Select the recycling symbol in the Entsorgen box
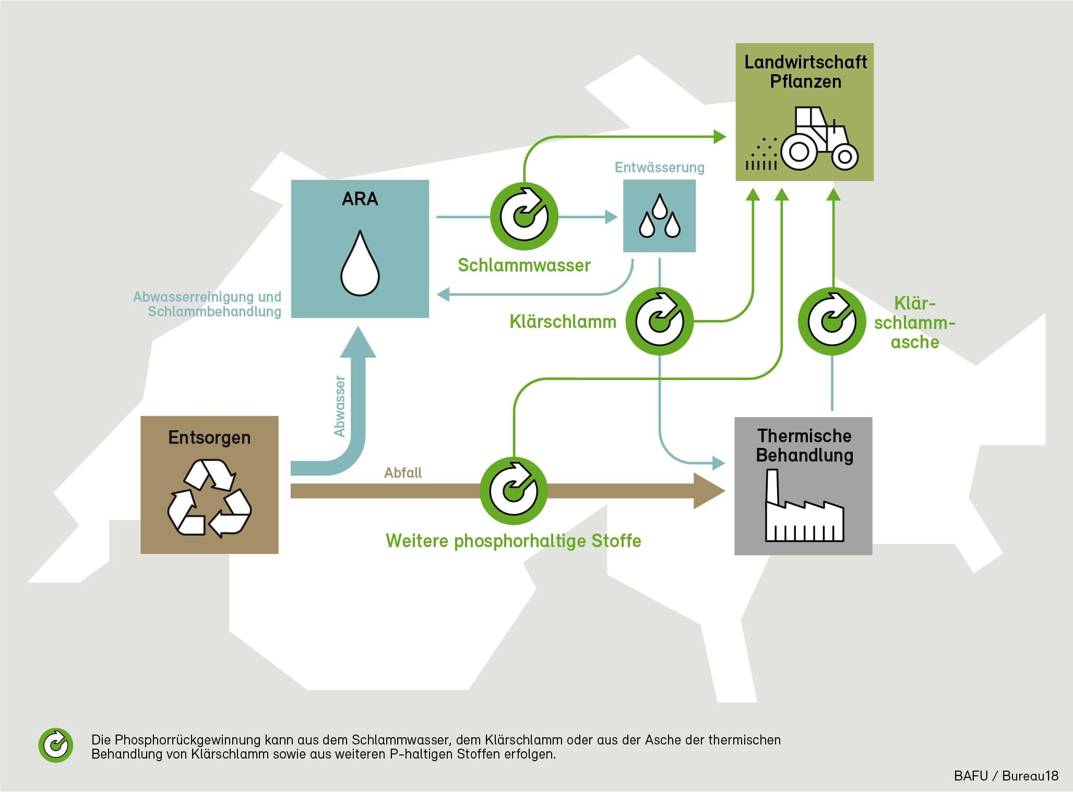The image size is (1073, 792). tap(209, 498)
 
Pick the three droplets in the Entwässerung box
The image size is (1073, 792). tap(660, 216)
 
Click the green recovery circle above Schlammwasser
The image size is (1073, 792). tap(524, 216)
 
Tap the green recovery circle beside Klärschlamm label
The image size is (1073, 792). tap(660, 322)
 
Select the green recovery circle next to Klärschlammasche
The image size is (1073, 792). tap(832, 322)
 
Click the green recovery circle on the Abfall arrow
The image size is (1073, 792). tap(514, 491)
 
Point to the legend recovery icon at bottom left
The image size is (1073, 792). tap(56, 745)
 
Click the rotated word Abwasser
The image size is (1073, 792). tap(340, 406)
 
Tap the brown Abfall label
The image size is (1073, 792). tap(403, 473)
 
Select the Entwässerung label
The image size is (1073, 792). tap(659, 168)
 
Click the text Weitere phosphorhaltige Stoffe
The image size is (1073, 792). tap(514, 541)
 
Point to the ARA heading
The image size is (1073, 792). tap(360, 199)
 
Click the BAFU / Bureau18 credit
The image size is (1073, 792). tap(1006, 776)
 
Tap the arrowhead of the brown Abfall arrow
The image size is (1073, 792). tap(710, 491)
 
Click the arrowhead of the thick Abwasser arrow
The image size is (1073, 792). tap(358, 342)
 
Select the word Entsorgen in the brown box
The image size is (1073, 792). tap(209, 438)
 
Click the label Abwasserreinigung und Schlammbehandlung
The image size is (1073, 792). tap(207, 304)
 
